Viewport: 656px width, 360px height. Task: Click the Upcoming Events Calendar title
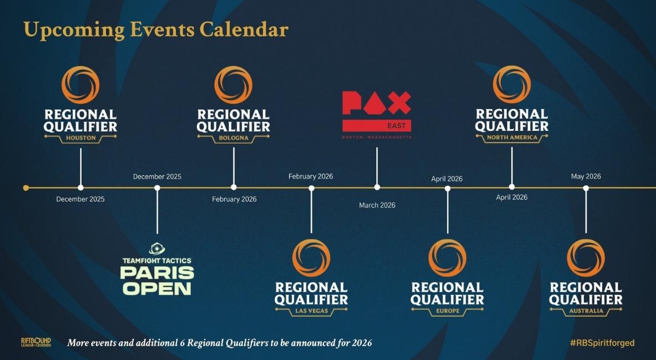pos(156,30)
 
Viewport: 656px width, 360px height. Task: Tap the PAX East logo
pos(377,111)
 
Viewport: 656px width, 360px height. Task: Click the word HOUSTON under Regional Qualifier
pos(81,138)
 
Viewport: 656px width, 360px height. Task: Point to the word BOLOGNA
pos(234,138)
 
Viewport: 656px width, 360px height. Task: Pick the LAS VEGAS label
pos(311,311)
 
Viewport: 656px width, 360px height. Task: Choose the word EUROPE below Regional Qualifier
pos(447,311)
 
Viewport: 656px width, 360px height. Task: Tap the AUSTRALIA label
pos(586,311)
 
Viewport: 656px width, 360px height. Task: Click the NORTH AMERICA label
pos(512,138)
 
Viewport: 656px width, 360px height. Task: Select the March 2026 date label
pos(377,205)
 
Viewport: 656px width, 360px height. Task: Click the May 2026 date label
pos(586,176)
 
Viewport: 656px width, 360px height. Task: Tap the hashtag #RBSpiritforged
pos(602,343)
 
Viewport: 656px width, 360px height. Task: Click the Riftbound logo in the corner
pos(36,342)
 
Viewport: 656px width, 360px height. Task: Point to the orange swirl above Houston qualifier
pos(80,85)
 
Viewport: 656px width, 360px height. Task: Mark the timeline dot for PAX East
pos(377,187)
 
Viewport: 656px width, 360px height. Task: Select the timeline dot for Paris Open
pos(157,188)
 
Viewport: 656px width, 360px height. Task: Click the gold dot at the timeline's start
pos(26,188)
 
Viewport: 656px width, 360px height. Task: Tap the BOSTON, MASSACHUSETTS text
pos(377,137)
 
